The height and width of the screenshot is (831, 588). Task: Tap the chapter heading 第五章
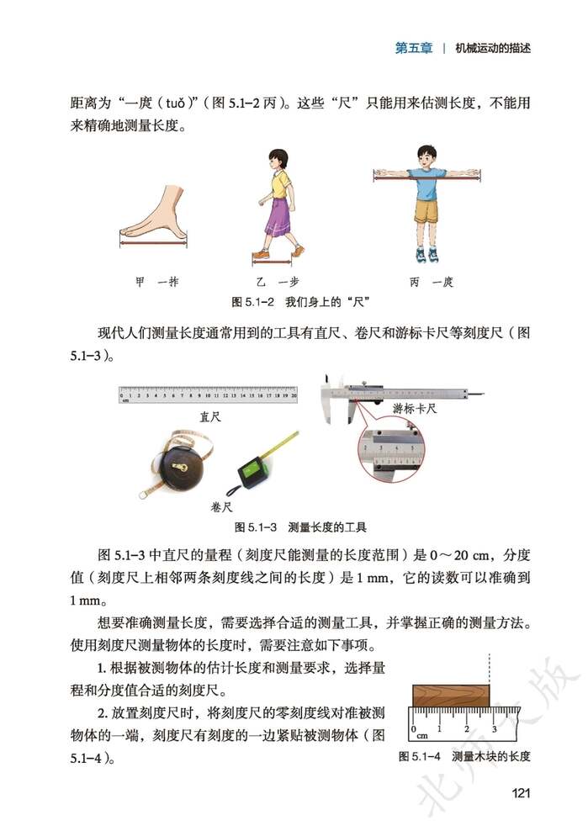pyautogui.click(x=414, y=48)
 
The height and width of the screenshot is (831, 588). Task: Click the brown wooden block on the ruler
pyautogui.click(x=450, y=694)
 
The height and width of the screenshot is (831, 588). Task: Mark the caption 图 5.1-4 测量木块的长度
pyautogui.click(x=464, y=756)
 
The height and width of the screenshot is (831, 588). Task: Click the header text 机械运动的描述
pyautogui.click(x=492, y=48)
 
